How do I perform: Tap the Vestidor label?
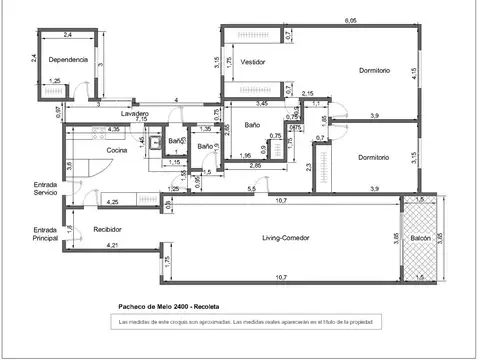(253, 62)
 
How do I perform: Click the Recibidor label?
(107, 229)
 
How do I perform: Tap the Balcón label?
(420, 240)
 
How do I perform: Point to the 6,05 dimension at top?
(351, 20)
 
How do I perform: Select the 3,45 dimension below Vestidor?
(261, 104)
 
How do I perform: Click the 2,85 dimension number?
(256, 165)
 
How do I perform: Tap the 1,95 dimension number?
(245, 155)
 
